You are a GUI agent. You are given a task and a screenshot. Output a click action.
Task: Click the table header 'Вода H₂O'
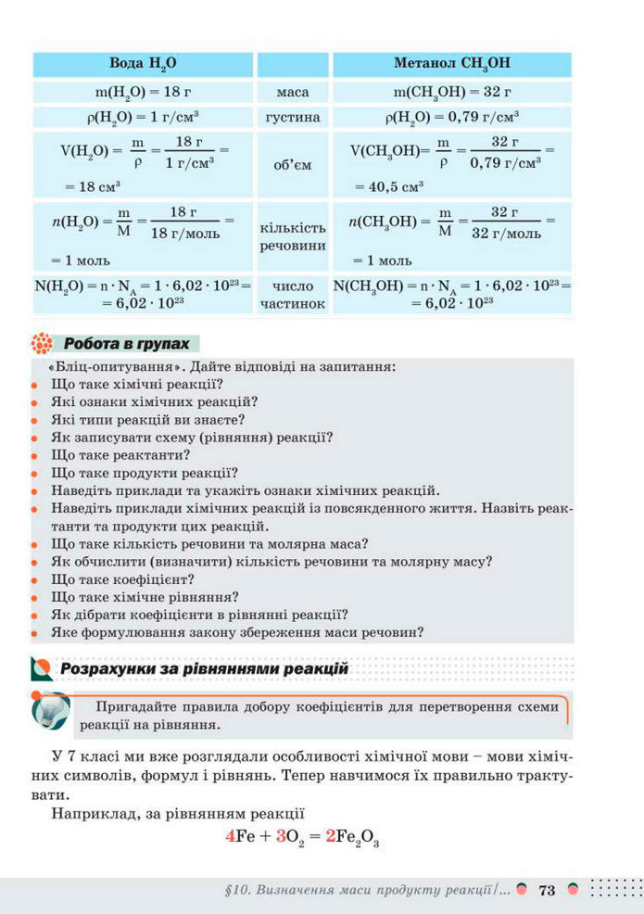click(x=143, y=64)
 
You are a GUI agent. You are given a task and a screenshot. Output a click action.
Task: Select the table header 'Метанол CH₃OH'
click(x=451, y=64)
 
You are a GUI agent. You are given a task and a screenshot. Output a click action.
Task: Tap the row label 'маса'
click(x=293, y=93)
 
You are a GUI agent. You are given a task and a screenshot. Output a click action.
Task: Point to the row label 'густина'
click(x=293, y=118)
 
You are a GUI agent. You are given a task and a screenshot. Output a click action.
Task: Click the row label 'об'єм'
click(x=293, y=165)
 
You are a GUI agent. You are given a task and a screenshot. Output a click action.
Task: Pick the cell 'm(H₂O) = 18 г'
click(x=143, y=93)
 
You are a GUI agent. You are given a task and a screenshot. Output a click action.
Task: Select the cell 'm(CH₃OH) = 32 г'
click(x=451, y=93)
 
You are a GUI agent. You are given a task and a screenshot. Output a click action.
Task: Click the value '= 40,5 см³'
click(x=388, y=186)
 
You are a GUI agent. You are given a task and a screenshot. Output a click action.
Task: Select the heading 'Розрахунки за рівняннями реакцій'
click(x=204, y=668)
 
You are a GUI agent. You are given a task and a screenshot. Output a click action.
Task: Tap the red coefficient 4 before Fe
click(x=231, y=836)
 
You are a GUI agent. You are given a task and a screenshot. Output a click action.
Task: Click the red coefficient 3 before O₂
click(x=280, y=836)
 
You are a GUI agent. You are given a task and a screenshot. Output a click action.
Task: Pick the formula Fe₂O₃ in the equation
click(x=358, y=837)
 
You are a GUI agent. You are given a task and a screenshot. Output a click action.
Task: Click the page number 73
click(x=546, y=891)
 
